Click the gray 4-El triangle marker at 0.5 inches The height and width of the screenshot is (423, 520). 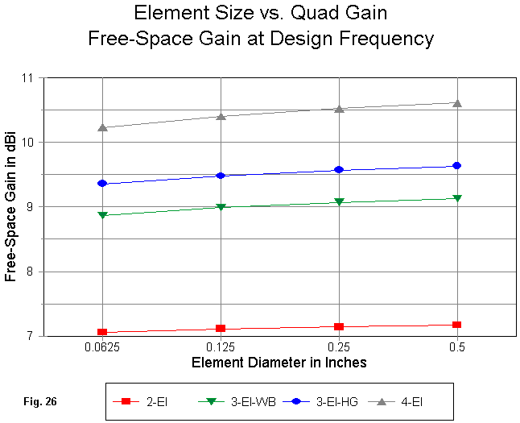click(457, 103)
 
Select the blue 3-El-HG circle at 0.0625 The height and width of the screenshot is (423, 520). click(102, 183)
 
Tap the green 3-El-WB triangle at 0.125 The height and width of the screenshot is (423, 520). click(221, 208)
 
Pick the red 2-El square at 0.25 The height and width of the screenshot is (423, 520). click(339, 326)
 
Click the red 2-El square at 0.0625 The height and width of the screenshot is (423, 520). click(102, 332)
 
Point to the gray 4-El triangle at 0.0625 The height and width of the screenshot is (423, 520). click(102, 127)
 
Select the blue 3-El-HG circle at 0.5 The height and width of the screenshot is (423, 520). click(457, 165)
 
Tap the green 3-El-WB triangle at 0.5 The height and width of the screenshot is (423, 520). click(457, 198)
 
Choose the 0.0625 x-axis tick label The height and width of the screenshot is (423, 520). click(102, 347)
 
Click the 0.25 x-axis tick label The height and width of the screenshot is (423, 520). click(339, 347)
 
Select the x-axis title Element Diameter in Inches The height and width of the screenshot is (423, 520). click(279, 363)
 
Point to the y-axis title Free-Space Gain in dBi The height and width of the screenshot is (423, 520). click(11, 207)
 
